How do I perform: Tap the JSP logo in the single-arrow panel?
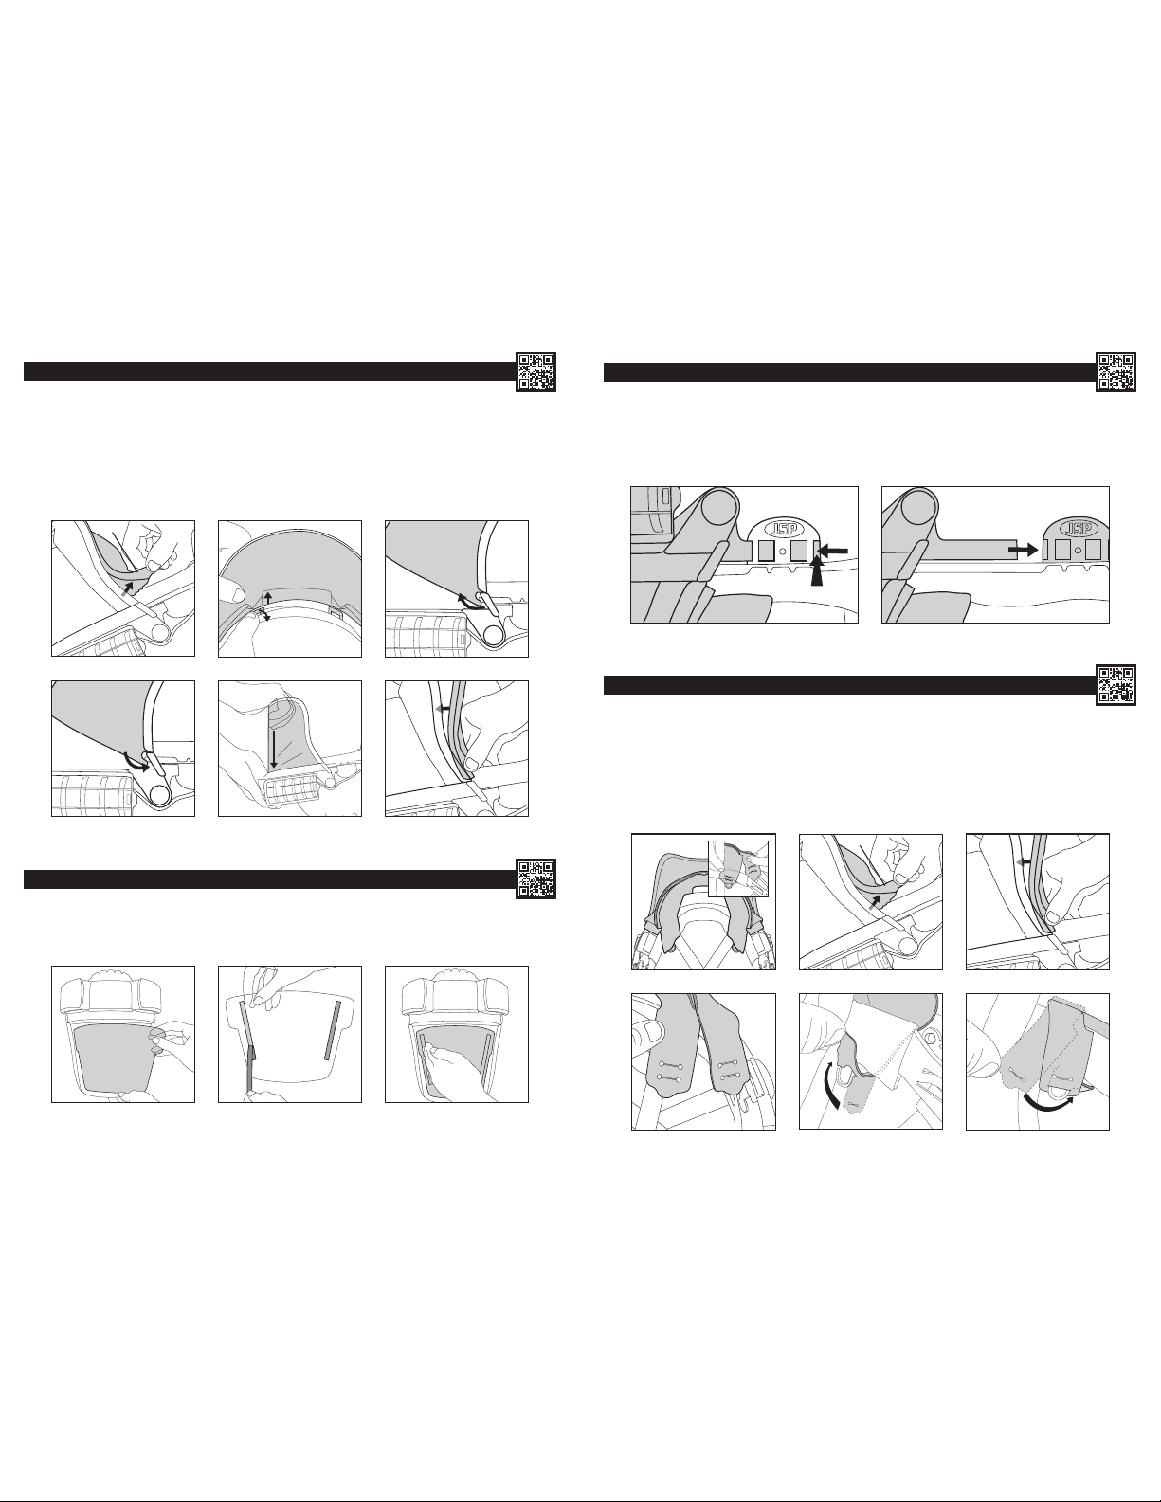(x=1079, y=530)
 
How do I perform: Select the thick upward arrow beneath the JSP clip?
(x=818, y=573)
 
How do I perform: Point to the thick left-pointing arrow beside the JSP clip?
(x=832, y=551)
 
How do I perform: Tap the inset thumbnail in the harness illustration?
(x=738, y=869)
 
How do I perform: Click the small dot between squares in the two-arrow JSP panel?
(x=782, y=551)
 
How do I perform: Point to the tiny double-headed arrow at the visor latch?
(x=264, y=615)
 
